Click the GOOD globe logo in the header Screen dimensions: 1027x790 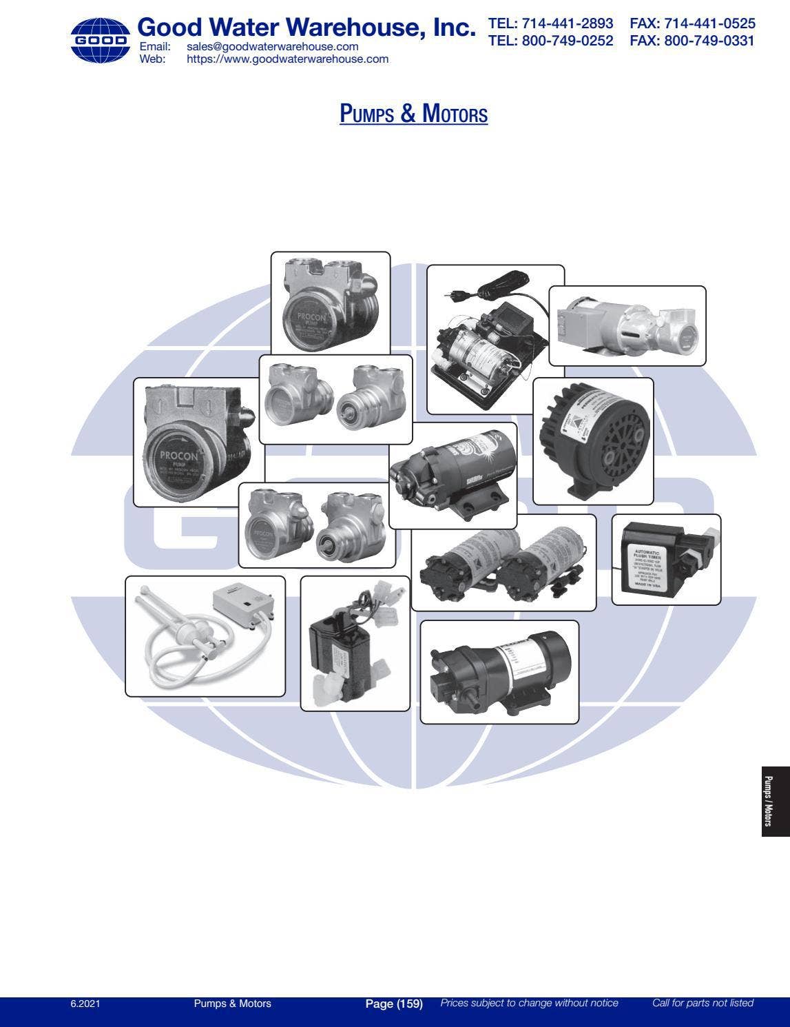click(100, 40)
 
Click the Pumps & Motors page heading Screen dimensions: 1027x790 click(413, 113)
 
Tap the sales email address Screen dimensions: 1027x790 click(272, 46)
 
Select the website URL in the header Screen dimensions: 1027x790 click(287, 59)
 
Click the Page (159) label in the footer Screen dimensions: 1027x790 click(393, 1004)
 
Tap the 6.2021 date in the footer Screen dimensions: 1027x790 click(85, 1004)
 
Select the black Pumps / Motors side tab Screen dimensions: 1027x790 click(776, 801)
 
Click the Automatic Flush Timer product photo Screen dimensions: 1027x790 click(665, 560)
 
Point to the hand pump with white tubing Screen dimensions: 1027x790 click(205, 636)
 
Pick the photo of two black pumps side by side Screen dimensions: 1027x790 click(503, 562)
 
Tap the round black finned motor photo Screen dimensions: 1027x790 click(592, 440)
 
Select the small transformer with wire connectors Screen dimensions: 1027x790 click(355, 642)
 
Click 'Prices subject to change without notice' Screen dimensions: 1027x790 click(529, 1004)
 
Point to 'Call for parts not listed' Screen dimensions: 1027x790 click(703, 1004)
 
